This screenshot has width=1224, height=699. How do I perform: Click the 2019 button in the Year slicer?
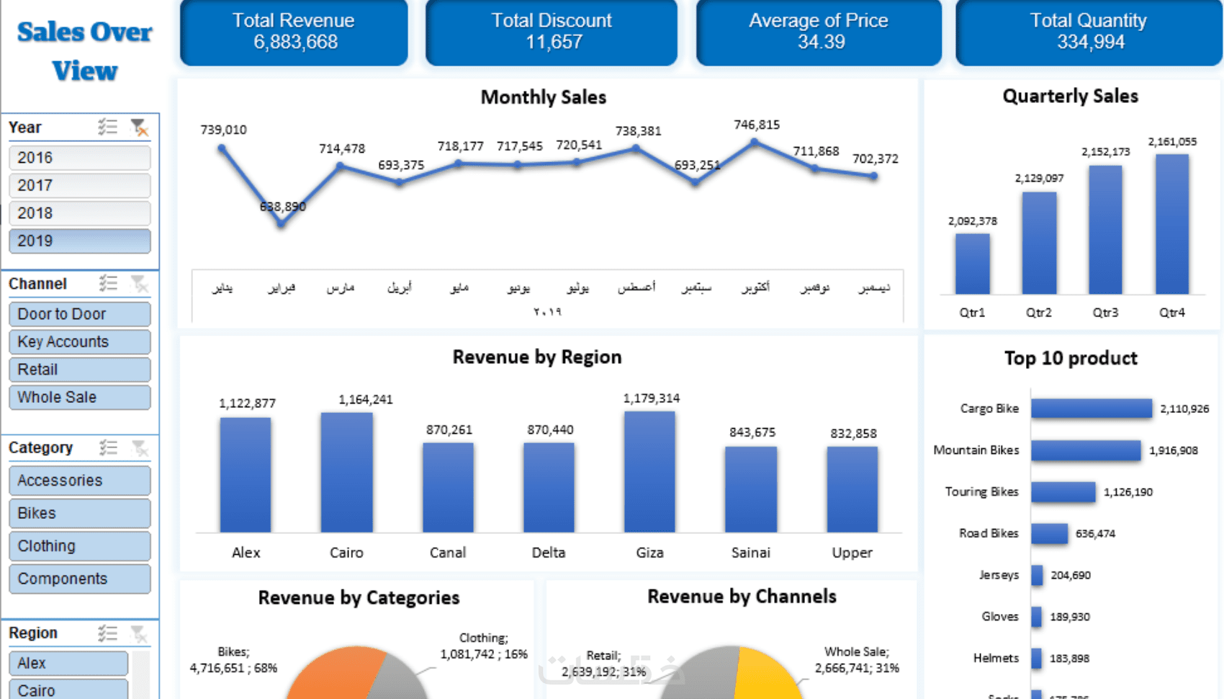(79, 241)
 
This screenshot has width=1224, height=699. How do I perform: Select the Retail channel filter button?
(79, 370)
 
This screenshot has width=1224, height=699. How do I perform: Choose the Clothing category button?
(79, 546)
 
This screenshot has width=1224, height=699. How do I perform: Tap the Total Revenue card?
(294, 32)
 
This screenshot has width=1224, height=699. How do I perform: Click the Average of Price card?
(819, 32)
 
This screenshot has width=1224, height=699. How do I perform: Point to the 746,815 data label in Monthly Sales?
(757, 125)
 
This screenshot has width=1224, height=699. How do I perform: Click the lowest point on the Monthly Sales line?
(282, 224)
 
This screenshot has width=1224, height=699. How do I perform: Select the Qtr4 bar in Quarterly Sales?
(1172, 223)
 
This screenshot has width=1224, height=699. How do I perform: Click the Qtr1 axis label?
(972, 313)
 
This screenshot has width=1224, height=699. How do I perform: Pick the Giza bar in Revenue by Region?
(649, 472)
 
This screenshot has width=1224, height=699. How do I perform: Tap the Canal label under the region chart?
(448, 553)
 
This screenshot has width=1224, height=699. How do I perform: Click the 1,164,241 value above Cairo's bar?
(366, 399)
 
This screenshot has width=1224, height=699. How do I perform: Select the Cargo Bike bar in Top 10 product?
(1092, 409)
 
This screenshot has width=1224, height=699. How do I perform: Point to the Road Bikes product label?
(989, 533)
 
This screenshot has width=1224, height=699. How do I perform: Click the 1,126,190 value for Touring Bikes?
(1128, 492)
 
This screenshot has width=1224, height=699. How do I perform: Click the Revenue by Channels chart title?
(742, 597)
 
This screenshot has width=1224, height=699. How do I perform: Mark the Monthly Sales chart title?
(544, 97)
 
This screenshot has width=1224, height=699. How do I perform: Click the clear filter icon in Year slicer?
(139, 128)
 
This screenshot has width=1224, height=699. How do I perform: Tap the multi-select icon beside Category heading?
(108, 448)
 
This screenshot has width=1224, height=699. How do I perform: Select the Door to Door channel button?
(79, 314)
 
